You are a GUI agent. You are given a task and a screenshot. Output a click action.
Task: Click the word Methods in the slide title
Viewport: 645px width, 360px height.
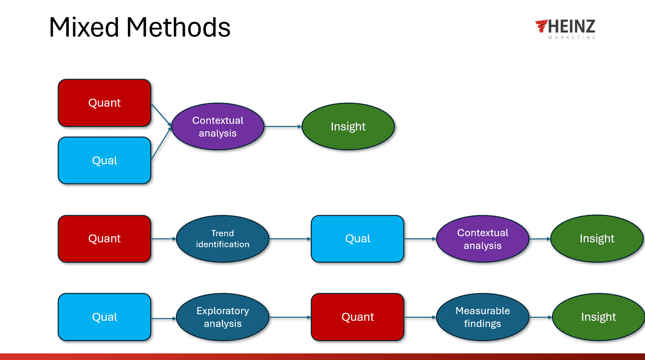coord(178,27)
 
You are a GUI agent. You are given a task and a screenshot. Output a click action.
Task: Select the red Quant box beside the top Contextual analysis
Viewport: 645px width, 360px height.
coord(104,103)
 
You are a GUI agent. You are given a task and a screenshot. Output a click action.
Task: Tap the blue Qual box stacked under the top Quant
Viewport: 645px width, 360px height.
coord(104,160)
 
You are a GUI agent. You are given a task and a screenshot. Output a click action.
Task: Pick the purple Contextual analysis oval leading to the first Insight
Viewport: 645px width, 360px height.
coord(218,126)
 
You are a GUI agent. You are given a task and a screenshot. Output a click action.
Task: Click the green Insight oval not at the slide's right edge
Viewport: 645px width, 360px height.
coord(348,126)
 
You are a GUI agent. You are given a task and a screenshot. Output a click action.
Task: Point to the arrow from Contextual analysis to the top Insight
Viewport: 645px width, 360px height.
coord(283,126)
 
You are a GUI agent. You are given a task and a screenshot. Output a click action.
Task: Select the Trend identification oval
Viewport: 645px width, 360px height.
coord(223,239)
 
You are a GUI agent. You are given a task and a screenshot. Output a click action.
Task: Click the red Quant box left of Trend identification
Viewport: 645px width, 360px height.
coord(104,239)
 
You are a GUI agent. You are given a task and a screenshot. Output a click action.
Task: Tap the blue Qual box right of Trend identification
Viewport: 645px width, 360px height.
coord(358,239)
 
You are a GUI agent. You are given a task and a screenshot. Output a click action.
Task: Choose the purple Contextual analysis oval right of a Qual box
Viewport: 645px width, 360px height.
coord(482,239)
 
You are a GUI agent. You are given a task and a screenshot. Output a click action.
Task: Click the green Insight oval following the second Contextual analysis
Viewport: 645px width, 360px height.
coord(597,239)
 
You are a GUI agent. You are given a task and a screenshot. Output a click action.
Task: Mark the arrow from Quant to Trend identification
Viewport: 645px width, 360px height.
coord(164,239)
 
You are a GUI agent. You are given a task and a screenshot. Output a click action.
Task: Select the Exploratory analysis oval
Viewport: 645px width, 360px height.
coord(223,317)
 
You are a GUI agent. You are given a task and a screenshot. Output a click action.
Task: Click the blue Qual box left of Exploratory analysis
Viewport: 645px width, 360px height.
coord(104,317)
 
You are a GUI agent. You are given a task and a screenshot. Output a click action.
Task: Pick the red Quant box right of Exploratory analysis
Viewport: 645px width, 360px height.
coord(358,317)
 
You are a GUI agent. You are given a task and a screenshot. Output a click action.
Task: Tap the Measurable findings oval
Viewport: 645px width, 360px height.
coord(482,317)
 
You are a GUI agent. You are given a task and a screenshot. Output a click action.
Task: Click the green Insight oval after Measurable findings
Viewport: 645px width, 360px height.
coord(598,317)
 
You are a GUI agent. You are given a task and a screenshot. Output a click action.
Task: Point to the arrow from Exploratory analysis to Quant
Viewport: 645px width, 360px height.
coord(290,317)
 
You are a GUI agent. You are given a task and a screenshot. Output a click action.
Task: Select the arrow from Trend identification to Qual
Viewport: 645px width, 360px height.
coord(290,239)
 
